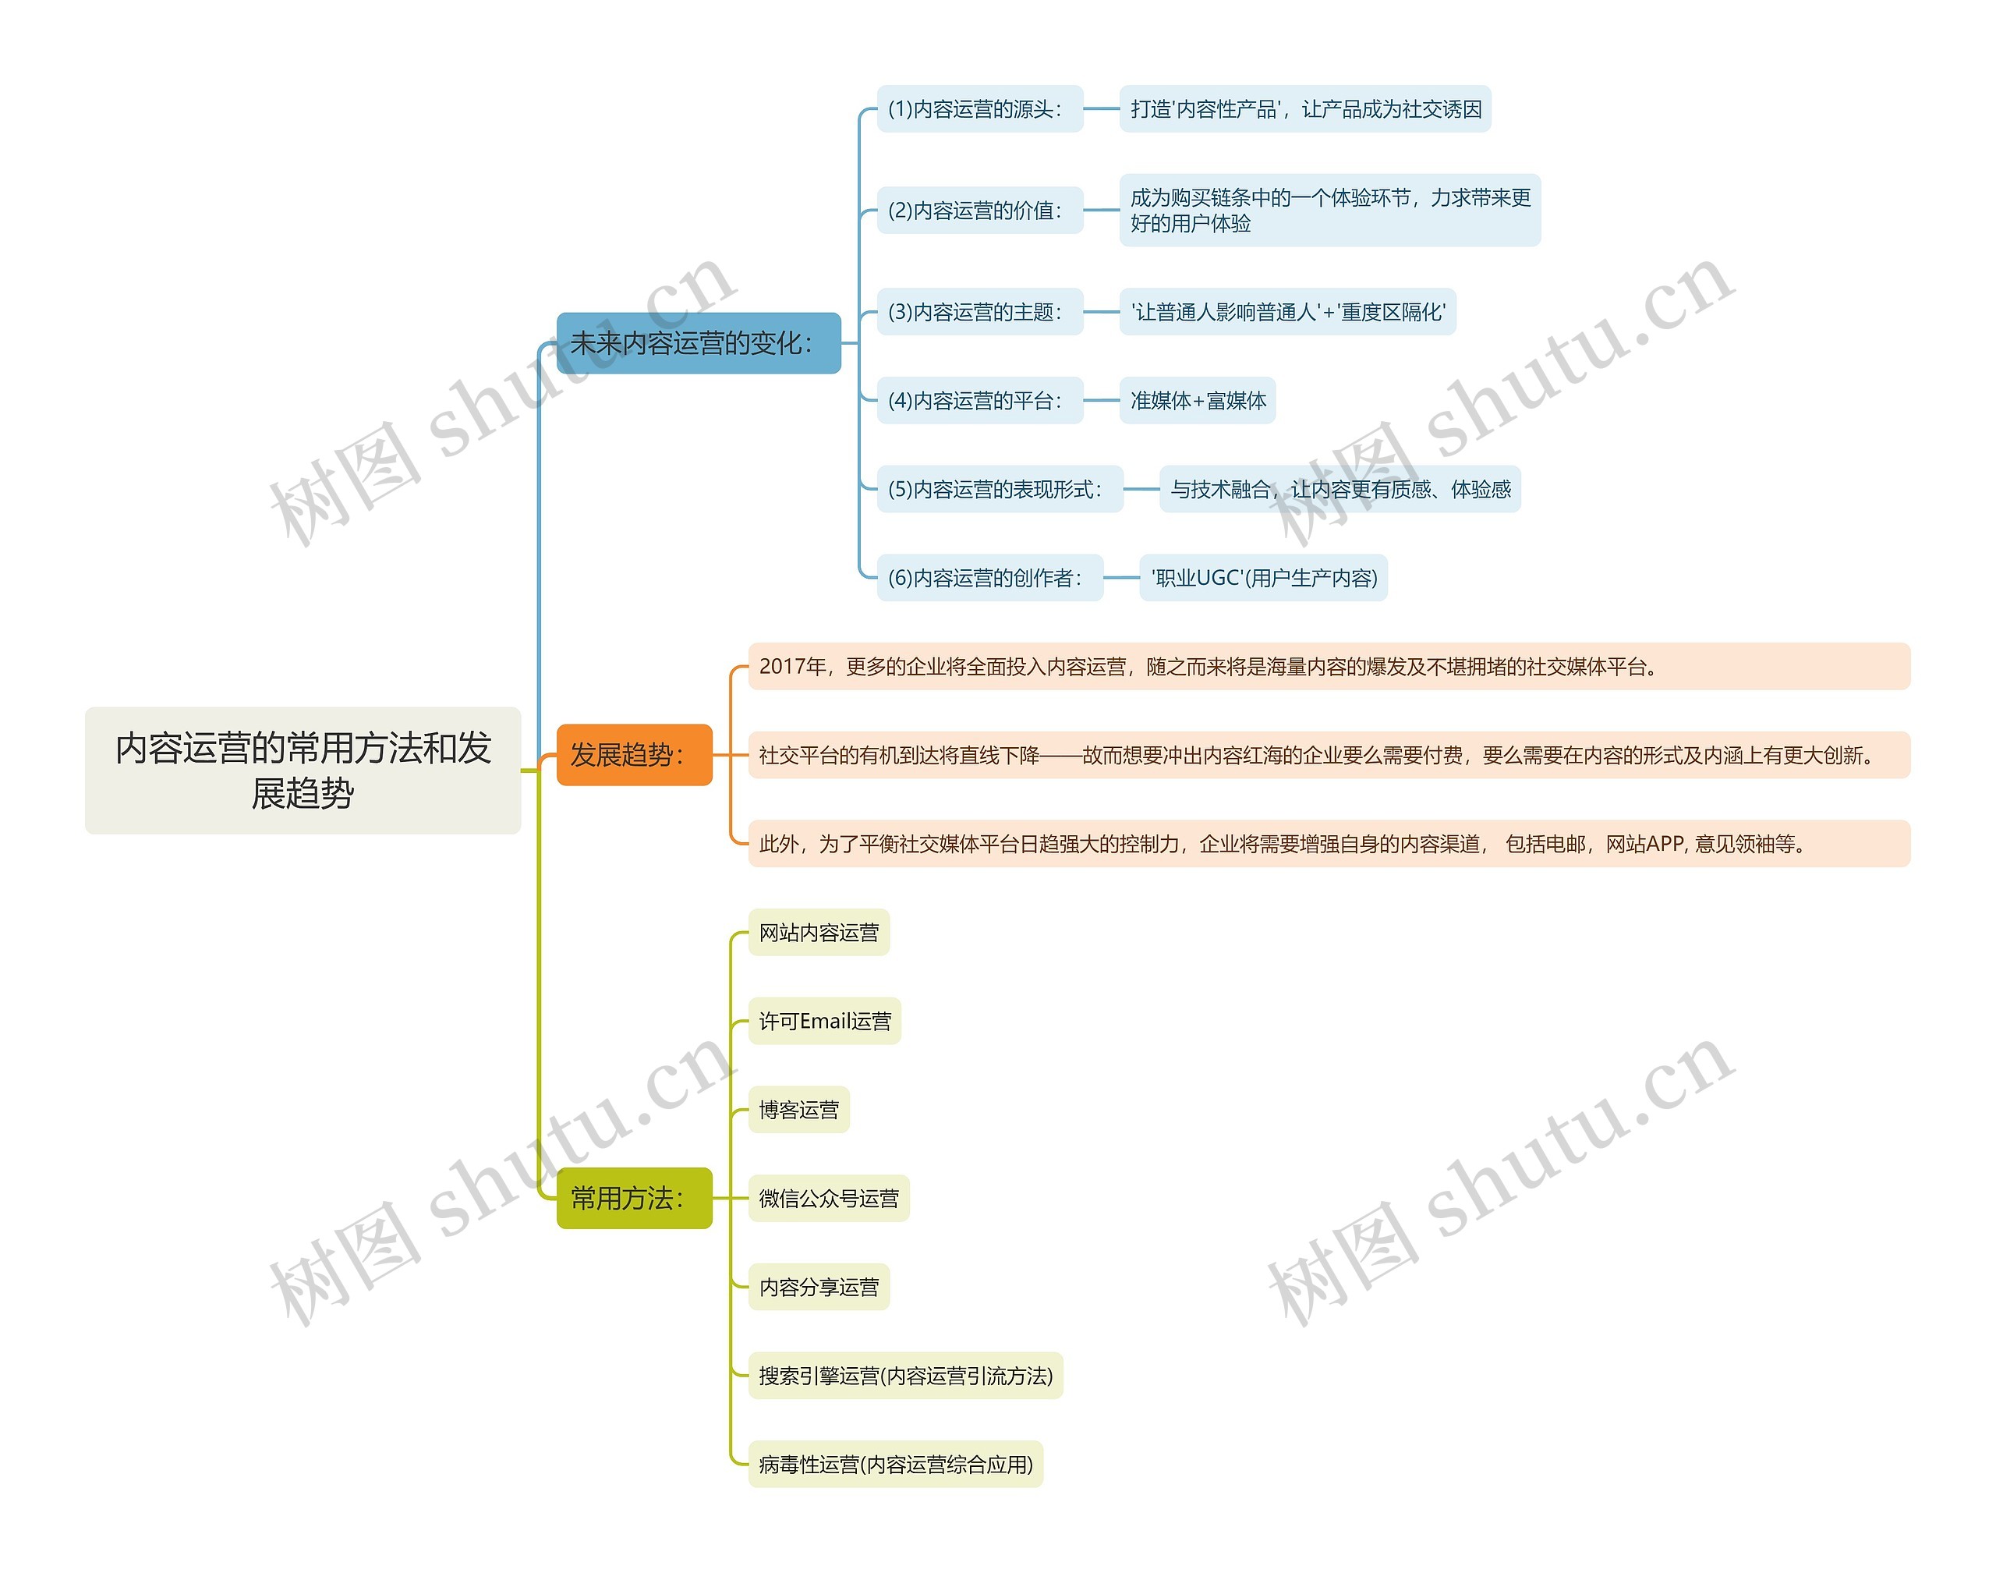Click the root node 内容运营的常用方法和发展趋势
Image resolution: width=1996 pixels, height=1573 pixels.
coord(303,770)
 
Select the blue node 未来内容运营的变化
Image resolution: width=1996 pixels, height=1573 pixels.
coord(698,342)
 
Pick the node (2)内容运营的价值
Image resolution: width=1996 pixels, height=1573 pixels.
coord(979,210)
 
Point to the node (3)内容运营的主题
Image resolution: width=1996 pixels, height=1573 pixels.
coord(979,311)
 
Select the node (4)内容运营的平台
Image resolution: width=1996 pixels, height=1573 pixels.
coord(979,400)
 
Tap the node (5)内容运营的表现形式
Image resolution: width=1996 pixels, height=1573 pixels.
coord(999,488)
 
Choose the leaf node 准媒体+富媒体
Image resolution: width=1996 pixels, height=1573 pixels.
coord(1197,400)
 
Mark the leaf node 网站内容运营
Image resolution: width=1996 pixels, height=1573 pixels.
coord(819,932)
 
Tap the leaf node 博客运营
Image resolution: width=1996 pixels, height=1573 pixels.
coord(798,1109)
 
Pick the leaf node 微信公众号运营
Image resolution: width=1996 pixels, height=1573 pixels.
coord(829,1197)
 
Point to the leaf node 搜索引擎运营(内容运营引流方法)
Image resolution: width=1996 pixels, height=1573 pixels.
coord(905,1375)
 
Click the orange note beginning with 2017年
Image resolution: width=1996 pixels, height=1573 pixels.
coord(1329,666)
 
